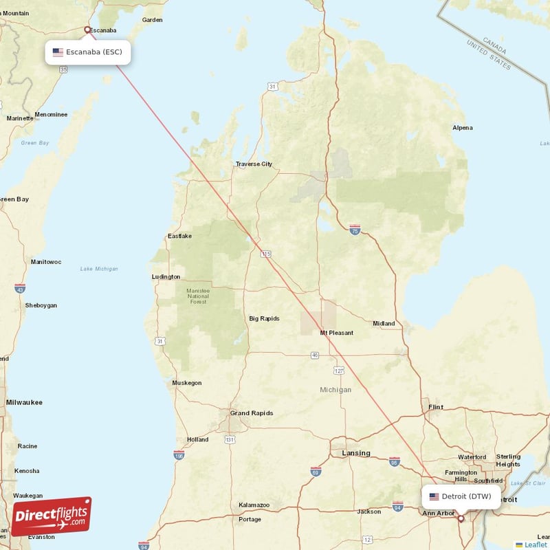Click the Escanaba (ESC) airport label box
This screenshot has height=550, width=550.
[88, 52]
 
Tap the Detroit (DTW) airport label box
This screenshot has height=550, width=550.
[461, 496]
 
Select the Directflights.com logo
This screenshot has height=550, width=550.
[52, 516]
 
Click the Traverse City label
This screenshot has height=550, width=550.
[254, 164]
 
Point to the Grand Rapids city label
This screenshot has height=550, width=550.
[251, 413]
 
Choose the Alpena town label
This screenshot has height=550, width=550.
[463, 128]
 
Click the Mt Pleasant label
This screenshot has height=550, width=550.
[336, 333]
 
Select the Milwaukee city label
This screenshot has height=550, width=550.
[24, 402]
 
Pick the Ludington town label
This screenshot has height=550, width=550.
[166, 277]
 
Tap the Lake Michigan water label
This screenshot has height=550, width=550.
[99, 269]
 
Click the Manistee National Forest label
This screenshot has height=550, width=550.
[198, 296]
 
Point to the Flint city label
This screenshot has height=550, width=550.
[436, 408]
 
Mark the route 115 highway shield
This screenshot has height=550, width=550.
[266, 254]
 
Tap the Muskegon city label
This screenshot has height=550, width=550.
[187, 383]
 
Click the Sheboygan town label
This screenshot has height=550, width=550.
[41, 305]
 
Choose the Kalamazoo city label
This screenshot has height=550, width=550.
[254, 505]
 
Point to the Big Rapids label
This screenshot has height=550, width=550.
[264, 318]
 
